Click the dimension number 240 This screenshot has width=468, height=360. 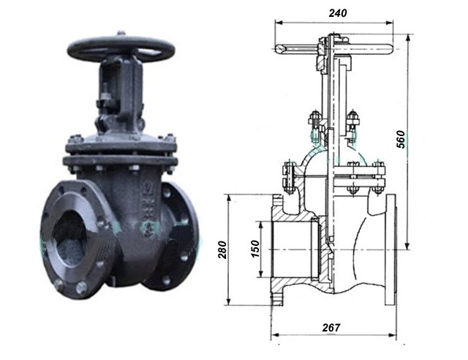tap(338, 13)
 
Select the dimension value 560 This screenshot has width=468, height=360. tap(401, 139)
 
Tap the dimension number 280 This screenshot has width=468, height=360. tap(222, 250)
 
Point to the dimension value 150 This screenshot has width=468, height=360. tap(255, 249)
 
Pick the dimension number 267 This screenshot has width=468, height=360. tap(331, 327)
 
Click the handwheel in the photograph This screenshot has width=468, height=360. tap(121, 49)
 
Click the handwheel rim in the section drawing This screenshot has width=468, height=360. tap(333, 49)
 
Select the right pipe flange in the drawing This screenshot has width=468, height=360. tap(390, 250)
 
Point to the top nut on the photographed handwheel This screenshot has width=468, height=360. tap(120, 33)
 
